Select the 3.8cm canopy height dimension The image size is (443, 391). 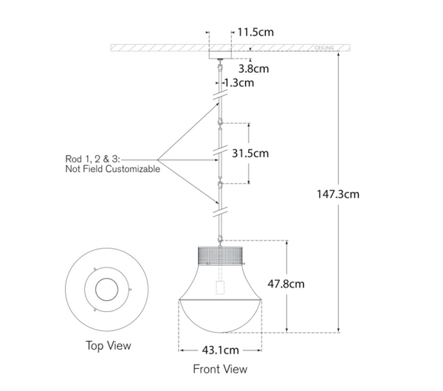(253, 68)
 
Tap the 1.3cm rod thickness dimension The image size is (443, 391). (238, 83)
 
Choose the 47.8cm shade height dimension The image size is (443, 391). (305, 283)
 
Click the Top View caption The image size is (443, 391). (109, 345)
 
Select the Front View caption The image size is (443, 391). (220, 369)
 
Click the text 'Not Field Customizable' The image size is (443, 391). (112, 169)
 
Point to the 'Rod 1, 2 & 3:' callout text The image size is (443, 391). (92, 158)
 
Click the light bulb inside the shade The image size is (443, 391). (220, 287)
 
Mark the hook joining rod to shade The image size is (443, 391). (220, 240)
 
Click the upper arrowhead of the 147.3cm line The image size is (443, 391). (339, 55)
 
